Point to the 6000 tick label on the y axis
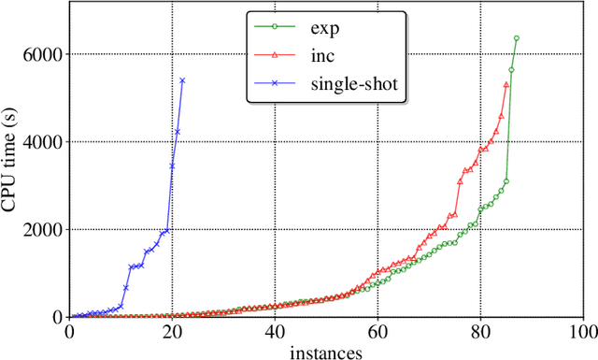tap(44, 54)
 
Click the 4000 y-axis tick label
tap(44, 142)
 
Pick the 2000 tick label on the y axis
tap(44, 229)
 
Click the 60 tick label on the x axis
tap(378, 332)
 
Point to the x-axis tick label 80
tap(481, 332)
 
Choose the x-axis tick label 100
tap(582, 332)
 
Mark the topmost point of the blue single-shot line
tap(182, 80)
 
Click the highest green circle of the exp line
tap(517, 38)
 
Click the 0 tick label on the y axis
tap(58, 317)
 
